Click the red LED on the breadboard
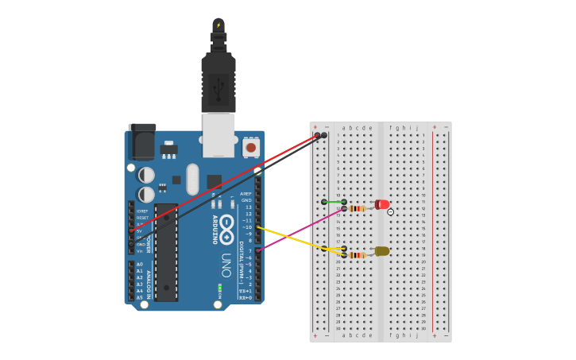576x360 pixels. (382, 205)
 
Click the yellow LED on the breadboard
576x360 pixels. (382, 251)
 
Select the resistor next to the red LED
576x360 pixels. (358, 208)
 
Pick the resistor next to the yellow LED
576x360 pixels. (358, 254)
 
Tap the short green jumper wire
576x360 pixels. (334, 202)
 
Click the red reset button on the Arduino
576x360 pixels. (251, 147)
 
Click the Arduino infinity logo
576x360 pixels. (227, 225)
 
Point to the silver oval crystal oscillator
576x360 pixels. (192, 179)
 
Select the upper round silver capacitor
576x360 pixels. (147, 174)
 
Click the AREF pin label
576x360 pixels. (246, 194)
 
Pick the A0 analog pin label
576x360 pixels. (140, 264)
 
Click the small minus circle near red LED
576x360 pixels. (390, 211)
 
